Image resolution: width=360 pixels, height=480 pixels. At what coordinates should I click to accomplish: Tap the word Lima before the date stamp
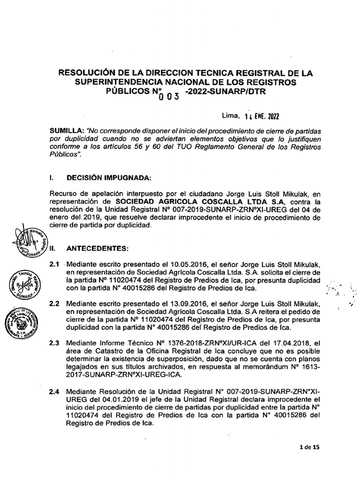point(230,115)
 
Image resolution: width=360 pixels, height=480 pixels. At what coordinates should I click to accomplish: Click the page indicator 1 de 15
point(308,447)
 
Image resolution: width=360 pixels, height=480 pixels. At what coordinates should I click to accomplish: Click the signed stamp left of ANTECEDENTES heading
point(30,240)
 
